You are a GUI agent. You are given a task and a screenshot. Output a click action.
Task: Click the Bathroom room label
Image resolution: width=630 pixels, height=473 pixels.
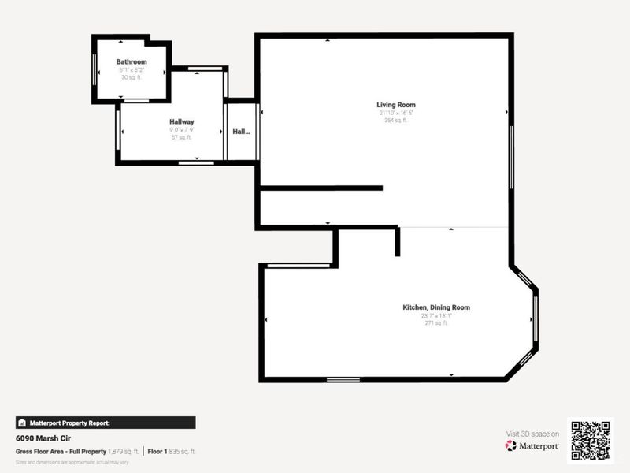[132, 61]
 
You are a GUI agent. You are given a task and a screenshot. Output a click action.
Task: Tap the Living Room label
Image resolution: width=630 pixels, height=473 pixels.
[395, 105]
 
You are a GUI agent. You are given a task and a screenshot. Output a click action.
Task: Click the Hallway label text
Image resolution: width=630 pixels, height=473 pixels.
[182, 122]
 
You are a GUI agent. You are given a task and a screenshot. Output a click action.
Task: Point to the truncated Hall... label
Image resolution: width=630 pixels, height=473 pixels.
[241, 132]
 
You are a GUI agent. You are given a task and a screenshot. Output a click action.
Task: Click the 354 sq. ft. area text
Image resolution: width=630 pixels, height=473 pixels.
[395, 121]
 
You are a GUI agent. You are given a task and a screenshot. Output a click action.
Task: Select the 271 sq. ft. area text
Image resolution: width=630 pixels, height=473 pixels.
[435, 323]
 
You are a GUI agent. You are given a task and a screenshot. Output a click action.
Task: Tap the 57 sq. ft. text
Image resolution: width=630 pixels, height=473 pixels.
[182, 137]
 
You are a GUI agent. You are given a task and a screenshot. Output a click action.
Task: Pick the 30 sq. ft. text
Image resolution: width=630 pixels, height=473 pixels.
[132, 77]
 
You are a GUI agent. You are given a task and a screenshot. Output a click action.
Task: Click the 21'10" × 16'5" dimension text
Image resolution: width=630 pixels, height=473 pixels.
[395, 113]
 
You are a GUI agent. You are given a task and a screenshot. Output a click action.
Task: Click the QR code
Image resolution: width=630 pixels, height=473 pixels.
[590, 439]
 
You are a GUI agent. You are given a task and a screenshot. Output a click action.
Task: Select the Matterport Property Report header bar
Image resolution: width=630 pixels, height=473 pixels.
[106, 423]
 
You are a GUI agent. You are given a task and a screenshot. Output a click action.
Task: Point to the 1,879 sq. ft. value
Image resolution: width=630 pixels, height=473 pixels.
[124, 451]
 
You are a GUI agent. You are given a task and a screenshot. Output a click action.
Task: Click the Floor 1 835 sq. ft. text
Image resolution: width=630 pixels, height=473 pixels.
[172, 451]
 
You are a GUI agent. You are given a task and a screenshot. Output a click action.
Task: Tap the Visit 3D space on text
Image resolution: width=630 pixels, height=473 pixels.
[532, 434]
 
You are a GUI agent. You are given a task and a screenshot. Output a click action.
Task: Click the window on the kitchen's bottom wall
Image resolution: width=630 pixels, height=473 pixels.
[343, 380]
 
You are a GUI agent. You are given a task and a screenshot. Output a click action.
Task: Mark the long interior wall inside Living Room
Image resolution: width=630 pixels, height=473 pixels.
[321, 188]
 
